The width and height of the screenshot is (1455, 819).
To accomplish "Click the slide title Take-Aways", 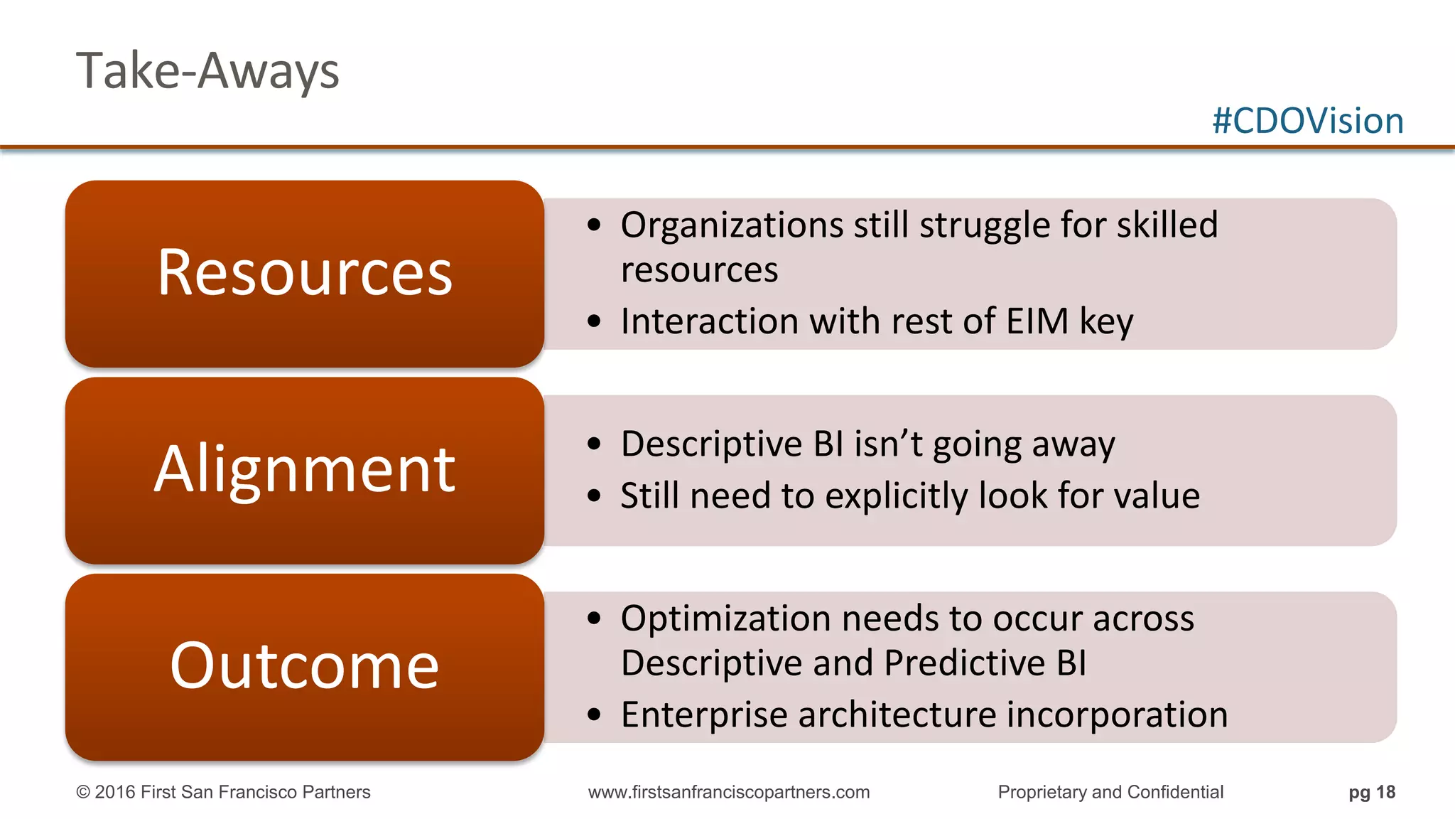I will point(207,71).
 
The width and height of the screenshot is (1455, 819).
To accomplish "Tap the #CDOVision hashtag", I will point(1307,121).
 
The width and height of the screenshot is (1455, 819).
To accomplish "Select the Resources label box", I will point(305,274).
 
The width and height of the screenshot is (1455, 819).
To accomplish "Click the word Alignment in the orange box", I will point(305,470).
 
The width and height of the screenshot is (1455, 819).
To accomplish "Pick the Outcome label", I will point(305,666).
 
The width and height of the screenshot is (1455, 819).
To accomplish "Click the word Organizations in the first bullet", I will point(732,225).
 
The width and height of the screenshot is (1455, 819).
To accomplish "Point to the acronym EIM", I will point(1037,321).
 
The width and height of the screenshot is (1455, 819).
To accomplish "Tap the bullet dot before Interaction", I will point(595,322).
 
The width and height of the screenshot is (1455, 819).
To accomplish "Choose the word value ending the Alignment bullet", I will point(1157,496).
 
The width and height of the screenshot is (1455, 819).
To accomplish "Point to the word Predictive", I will point(965,663).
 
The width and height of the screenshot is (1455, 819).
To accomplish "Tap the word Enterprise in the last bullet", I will point(704,715).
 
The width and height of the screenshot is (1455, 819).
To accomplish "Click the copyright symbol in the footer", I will point(83,793).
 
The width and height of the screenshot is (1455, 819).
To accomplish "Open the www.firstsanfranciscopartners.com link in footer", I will point(729,793).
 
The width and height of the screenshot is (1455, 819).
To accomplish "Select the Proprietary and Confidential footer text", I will point(1110,793).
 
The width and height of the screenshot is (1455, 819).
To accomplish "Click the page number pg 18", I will point(1372,793).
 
